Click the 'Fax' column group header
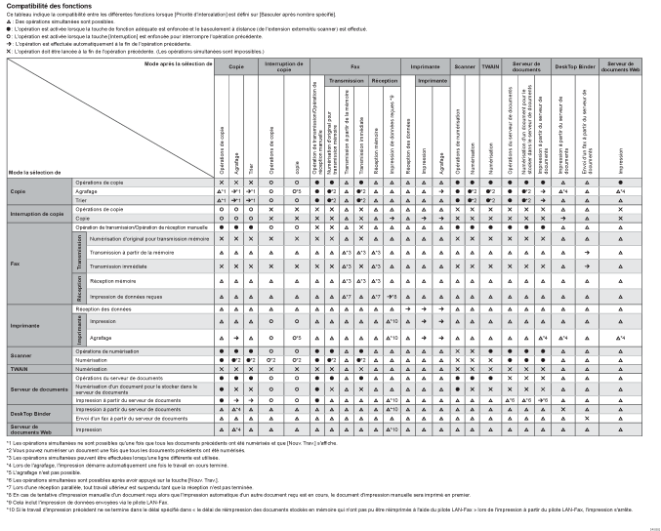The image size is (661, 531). pos(356,65)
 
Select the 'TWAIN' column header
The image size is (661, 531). pos(490,65)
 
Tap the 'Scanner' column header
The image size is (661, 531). pos(465,65)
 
